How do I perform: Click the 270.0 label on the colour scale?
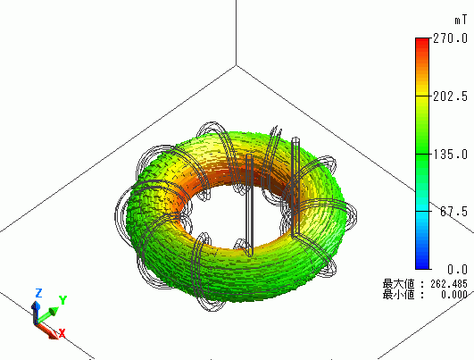450,38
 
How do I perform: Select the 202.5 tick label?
450,96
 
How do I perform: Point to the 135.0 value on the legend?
450,155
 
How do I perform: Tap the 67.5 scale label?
453,212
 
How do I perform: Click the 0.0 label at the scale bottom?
457,269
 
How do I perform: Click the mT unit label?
461,21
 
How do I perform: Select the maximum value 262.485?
449,284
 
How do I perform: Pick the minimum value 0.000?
454,294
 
